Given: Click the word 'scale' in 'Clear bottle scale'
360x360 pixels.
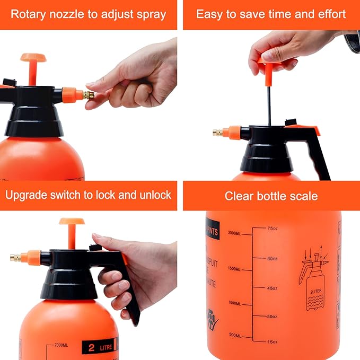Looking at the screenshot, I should tap(303, 196).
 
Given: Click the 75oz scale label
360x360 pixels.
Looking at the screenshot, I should tap(273, 229).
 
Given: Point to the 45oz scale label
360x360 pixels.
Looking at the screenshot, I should tap(273, 288).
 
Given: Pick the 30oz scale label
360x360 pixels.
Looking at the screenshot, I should tap(273, 317).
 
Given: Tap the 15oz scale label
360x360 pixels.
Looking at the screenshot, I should tap(273, 341).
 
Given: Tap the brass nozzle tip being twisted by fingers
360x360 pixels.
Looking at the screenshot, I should tap(87, 95).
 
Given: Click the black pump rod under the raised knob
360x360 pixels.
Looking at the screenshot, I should tap(269, 106).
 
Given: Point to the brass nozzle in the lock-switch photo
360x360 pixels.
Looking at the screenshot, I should tap(16, 258).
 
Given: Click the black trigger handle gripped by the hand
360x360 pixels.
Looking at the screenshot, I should tap(130, 289).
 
